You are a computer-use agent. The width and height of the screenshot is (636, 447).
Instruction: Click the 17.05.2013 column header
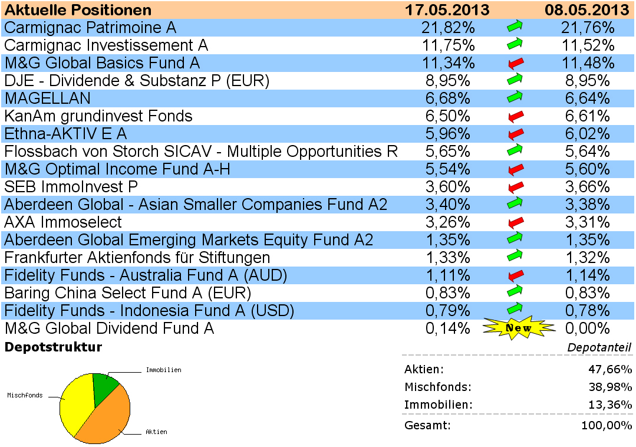pyautogui.click(x=447, y=10)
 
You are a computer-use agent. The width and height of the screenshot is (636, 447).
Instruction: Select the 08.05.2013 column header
pyautogui.click(x=586, y=10)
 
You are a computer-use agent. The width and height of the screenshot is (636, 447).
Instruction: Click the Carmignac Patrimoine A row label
pyautogui.click(x=90, y=28)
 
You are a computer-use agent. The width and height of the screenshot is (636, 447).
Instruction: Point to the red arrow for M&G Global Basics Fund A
pyautogui.click(x=515, y=63)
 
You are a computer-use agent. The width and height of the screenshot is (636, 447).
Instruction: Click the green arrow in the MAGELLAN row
pyautogui.click(x=515, y=98)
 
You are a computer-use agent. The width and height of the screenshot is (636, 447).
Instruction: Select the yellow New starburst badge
pyautogui.click(x=519, y=328)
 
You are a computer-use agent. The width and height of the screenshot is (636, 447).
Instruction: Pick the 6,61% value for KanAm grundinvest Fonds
pyautogui.click(x=586, y=116)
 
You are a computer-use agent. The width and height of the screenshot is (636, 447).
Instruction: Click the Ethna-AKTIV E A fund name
pyautogui.click(x=65, y=134)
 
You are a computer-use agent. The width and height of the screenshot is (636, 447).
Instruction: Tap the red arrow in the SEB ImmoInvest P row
pyautogui.click(x=515, y=187)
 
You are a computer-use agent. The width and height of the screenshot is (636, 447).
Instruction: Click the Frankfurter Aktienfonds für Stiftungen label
pyautogui.click(x=137, y=258)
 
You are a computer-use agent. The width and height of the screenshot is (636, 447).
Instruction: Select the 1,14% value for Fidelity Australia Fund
pyautogui.click(x=586, y=275)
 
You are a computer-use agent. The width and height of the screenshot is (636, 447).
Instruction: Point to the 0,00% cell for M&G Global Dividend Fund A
pyautogui.click(x=586, y=328)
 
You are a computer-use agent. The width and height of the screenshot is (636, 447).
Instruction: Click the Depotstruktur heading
pyautogui.click(x=53, y=347)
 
